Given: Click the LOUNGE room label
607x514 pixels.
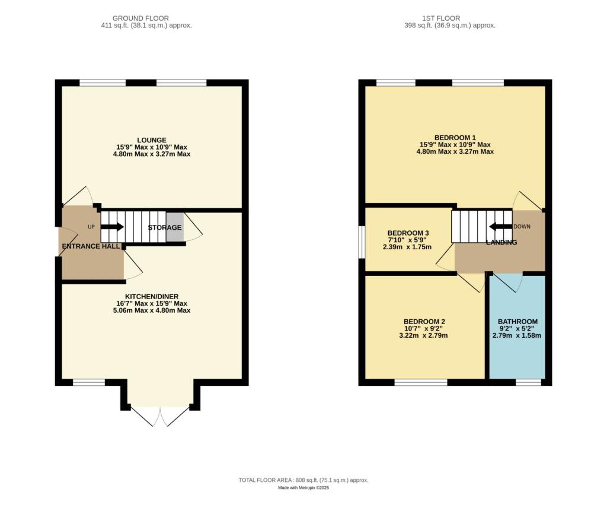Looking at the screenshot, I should [152, 140].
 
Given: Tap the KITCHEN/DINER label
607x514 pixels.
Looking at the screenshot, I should [152, 296].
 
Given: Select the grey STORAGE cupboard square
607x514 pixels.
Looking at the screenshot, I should [175, 227].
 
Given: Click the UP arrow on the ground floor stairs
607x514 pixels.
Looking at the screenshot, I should [113, 227].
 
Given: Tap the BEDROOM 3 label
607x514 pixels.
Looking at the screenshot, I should [408, 233].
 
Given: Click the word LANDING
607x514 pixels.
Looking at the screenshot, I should [501, 242].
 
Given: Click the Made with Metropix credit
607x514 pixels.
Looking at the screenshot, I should [303, 488].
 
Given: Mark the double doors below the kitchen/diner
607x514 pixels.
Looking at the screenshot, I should [160, 416].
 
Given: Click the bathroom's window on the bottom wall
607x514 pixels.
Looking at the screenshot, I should [528, 382].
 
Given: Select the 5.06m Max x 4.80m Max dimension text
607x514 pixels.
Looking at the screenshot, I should [152, 310].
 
